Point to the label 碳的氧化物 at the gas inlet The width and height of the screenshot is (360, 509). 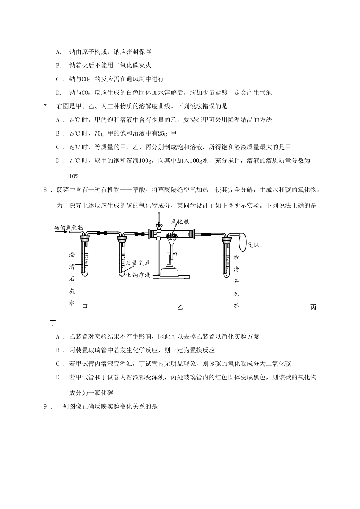68,227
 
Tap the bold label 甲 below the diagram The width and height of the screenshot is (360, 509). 85,307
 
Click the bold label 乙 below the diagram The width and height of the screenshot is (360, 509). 180,307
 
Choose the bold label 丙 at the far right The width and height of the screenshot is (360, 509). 313,307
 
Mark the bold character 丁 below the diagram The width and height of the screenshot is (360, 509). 53,323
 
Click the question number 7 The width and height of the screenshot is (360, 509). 45,106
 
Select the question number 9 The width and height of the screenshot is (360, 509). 45,407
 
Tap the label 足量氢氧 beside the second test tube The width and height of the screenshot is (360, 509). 139,263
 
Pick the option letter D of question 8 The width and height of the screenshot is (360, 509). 58,377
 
